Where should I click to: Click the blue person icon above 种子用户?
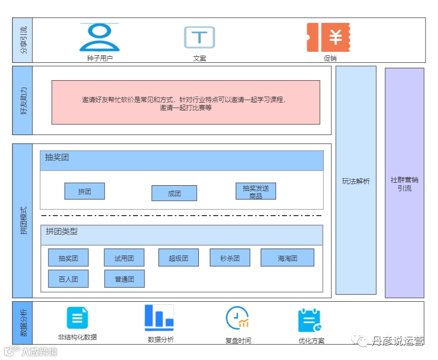coord(100,37)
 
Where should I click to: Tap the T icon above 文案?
coord(199,37)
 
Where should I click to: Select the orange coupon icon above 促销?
coord(328,37)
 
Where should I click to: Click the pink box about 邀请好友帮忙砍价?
coord(185,103)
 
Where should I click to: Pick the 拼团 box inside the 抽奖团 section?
coord(85,191)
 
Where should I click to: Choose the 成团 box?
coord(174,193)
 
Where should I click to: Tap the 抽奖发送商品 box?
coord(256,191)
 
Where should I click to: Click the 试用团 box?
coord(124,258)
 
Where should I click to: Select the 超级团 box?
coord(178,258)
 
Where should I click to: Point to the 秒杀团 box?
coord(230,258)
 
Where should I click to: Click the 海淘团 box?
coord(287,258)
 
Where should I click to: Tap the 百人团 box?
coord(68,279)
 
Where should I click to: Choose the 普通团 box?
coord(124,279)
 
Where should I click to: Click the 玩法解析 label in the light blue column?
coord(356,181)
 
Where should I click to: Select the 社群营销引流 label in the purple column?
coord(404,184)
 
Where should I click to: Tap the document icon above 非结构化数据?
coord(77,318)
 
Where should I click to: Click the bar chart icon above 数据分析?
coord(159,318)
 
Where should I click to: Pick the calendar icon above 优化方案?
coord(310,321)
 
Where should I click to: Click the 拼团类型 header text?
coord(62,232)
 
